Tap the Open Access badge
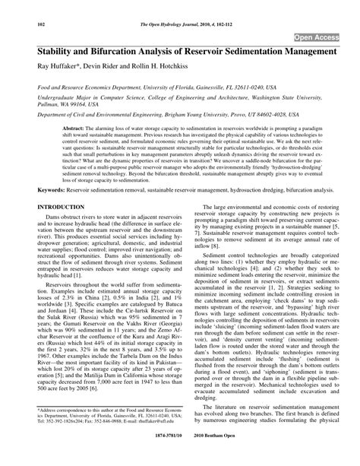317,36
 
